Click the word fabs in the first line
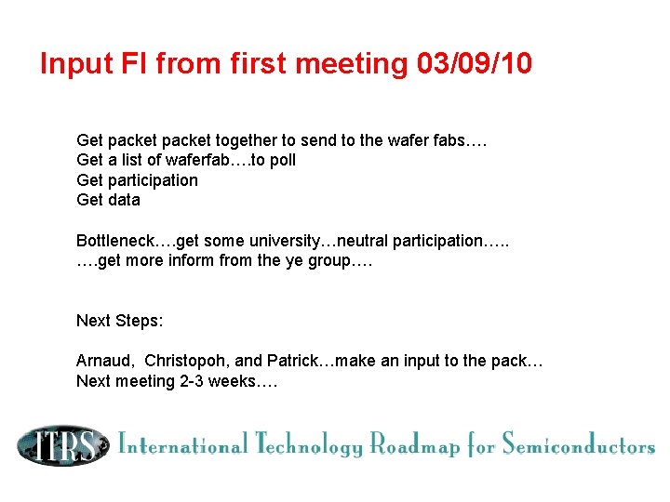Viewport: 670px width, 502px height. pos(453,140)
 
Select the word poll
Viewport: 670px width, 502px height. pos(281,160)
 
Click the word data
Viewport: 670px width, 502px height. pos(123,200)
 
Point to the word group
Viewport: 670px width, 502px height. pos(320,261)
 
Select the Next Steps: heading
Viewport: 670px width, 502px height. pos(119,321)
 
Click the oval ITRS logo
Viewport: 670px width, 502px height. pos(60,445)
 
